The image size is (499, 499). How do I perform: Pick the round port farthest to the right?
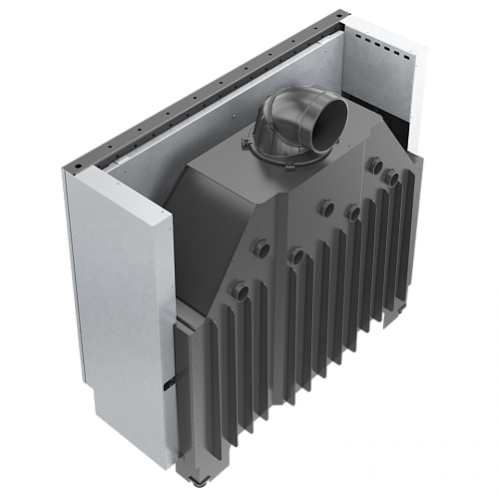[x=393, y=178]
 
